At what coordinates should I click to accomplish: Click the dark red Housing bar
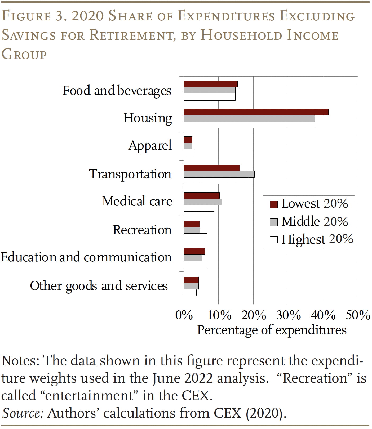pos(256,112)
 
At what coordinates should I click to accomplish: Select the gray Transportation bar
pos(219,174)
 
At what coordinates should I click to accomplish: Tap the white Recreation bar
pos(195,237)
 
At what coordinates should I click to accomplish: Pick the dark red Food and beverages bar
pos(210,84)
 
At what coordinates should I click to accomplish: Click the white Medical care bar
pos(199,208)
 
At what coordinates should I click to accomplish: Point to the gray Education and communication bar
pos(193,258)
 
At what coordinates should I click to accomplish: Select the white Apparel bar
pos(188,152)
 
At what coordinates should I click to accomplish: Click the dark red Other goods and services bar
pos(191,280)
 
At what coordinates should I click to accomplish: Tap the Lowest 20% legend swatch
pos(274,204)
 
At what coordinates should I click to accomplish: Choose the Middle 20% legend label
pos(315,221)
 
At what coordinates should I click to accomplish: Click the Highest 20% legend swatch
pos(274,240)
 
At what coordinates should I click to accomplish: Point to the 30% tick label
pos(288,315)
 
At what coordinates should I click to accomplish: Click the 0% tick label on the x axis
pos(184,315)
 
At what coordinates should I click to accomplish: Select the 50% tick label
pos(358,315)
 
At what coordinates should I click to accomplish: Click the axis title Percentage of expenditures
pos(272,330)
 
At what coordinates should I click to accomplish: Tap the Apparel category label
pos(150,145)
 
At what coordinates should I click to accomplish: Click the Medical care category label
pos(137,201)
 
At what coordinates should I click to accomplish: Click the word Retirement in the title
pos(131,35)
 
